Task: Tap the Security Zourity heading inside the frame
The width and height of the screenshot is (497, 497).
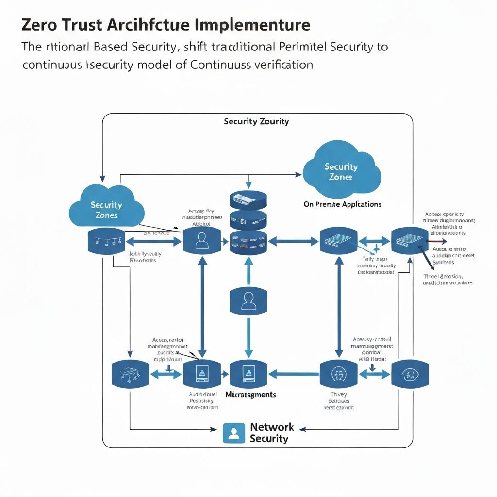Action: pos(256,121)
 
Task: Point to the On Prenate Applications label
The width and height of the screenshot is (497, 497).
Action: pos(342,204)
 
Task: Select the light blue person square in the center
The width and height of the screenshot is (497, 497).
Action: pos(248,301)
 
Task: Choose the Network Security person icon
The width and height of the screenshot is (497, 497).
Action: pos(233,433)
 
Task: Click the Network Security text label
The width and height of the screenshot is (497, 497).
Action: pos(271,433)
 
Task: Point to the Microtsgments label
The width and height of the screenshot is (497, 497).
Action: pos(251,395)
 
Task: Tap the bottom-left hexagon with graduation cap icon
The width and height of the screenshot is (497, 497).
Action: pos(130,374)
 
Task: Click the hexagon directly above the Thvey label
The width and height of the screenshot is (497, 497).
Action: pos(338,374)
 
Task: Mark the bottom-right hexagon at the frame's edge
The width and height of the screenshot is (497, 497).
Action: pos(409,374)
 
